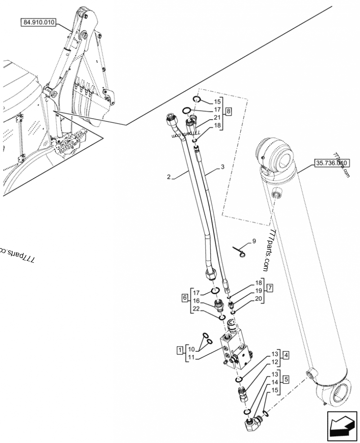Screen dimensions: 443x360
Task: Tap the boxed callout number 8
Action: [229, 110]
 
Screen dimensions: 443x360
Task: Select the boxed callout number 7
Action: [270, 287]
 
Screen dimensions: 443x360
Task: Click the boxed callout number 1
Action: [180, 349]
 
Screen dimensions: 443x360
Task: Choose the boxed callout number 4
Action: [286, 354]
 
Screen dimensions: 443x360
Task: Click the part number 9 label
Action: [254, 241]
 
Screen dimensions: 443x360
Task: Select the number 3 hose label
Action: [222, 167]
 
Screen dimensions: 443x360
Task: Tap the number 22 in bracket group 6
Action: [196, 309]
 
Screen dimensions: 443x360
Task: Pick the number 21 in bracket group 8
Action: [217, 117]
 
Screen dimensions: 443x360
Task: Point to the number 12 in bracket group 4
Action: [274, 361]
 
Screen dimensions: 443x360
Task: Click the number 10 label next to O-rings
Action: [191, 349]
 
